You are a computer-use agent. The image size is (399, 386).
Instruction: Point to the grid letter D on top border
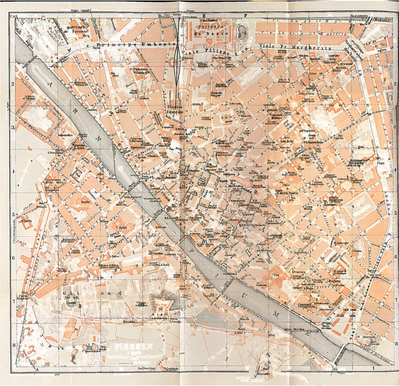(160, 16)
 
